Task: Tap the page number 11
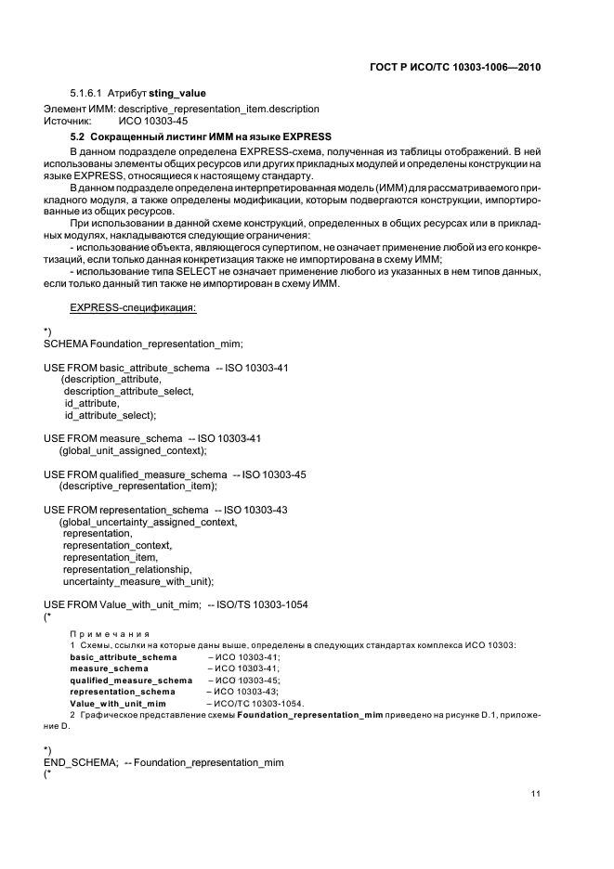pyautogui.click(x=536, y=794)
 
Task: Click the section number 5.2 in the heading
pyautogui.click(x=77, y=136)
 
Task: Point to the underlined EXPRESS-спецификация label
pyautogui.click(x=133, y=306)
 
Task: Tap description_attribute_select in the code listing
pyautogui.click(x=129, y=392)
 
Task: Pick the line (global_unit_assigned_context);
pyautogui.click(x=133, y=450)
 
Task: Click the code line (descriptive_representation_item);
pyautogui.click(x=138, y=486)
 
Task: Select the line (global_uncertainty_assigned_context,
pyautogui.click(x=148, y=522)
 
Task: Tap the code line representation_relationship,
pyautogui.click(x=126, y=569)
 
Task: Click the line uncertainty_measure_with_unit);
pyautogui.click(x=138, y=581)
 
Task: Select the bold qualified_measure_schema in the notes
pyautogui.click(x=131, y=680)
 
